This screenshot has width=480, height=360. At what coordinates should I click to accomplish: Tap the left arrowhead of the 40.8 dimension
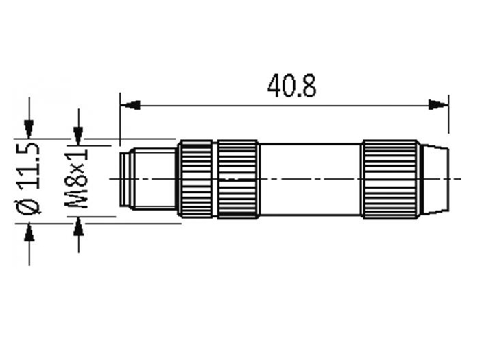pyautogui.click(x=130, y=105)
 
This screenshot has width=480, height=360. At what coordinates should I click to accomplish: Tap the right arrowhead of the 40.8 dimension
pyautogui.click(x=438, y=105)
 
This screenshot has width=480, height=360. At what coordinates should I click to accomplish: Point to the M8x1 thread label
pyautogui.click(x=79, y=179)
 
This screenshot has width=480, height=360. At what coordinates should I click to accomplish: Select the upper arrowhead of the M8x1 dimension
pyautogui.click(x=78, y=136)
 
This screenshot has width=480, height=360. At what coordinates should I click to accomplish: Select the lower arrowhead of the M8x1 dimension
pyautogui.click(x=78, y=225)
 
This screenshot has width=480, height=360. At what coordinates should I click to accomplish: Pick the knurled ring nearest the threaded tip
pyautogui.click(x=195, y=179)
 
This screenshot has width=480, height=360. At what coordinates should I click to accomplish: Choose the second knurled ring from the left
pyautogui.click(x=238, y=179)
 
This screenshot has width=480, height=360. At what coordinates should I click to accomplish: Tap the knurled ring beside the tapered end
pyautogui.click(x=389, y=179)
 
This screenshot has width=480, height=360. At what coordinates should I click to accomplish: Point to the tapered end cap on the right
pyautogui.click(x=435, y=179)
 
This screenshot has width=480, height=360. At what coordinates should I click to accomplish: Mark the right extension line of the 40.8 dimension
pyautogui.click(x=448, y=117)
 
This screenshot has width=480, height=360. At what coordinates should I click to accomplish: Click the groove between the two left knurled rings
pyautogui.click(x=215, y=179)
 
